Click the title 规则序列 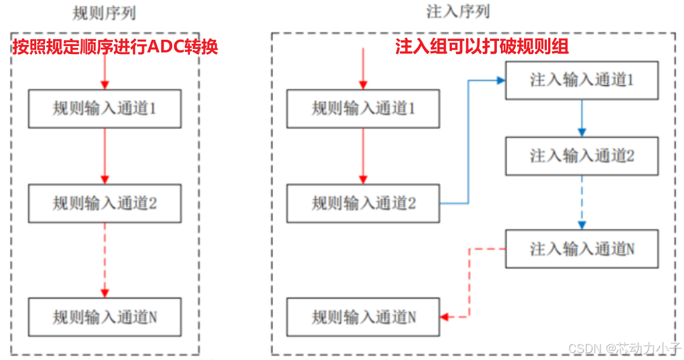click(104, 13)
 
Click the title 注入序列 click(458, 12)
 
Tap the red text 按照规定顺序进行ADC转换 click(115, 47)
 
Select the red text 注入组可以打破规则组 click(482, 47)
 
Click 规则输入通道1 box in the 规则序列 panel click(104, 108)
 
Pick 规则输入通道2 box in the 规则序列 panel click(104, 203)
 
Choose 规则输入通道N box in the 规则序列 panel click(104, 317)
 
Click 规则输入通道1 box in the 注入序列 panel click(363, 108)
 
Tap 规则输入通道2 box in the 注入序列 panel click(363, 203)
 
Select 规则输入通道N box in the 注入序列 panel click(363, 317)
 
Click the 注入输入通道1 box click(582, 81)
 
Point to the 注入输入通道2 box click(582, 156)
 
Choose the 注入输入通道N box click(582, 249)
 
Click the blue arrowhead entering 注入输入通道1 click(500, 81)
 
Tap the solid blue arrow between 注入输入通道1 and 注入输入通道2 click(582, 118)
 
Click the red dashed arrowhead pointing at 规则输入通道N click(444, 317)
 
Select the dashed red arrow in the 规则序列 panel click(104, 259)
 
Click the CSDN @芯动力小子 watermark click(624, 348)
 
